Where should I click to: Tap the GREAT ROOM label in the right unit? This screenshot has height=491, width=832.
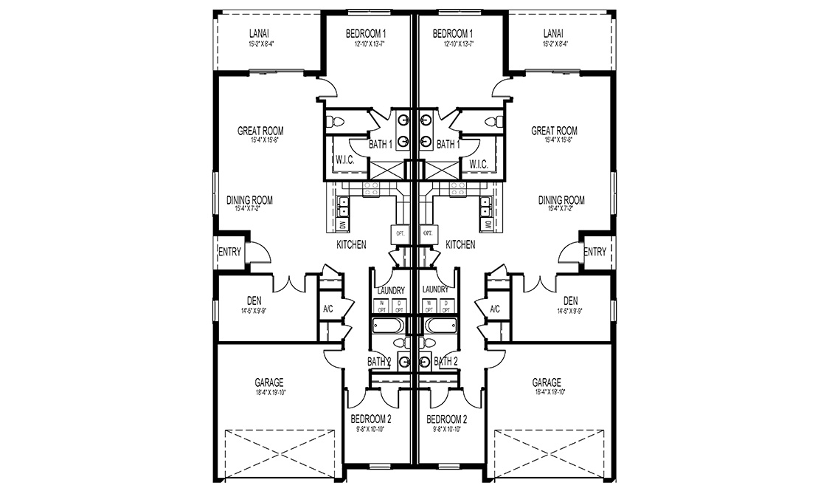(x=554, y=131)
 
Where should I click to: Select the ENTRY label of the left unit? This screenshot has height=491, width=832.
(x=229, y=252)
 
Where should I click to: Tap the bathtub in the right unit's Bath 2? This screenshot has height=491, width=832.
(x=440, y=326)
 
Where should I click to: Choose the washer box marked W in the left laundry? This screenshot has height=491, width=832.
(x=382, y=304)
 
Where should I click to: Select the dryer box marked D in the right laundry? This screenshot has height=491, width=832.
(x=447, y=304)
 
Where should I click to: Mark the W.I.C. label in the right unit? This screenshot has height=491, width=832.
(x=478, y=164)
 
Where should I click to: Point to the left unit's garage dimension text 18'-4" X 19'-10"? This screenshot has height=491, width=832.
(x=268, y=392)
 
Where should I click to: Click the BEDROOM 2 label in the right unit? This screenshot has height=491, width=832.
(x=446, y=419)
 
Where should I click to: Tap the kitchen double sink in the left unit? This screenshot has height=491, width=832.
(x=343, y=204)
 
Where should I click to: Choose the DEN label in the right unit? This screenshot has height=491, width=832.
(x=570, y=301)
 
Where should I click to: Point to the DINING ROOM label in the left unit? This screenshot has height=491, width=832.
(x=250, y=200)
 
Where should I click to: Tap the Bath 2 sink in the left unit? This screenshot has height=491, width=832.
(x=405, y=360)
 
